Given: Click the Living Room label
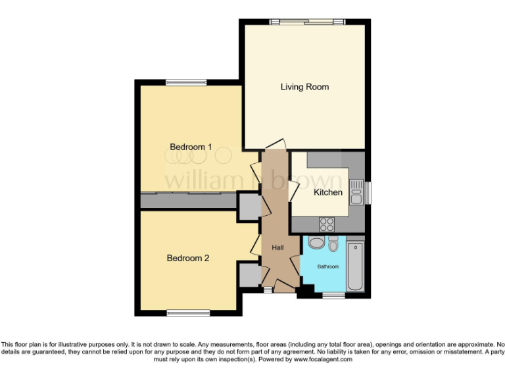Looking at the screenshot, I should coord(304,87).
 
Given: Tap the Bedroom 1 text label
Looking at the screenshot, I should coord(191,147).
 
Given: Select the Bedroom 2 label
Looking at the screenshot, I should coord(187,258).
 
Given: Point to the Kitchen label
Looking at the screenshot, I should coord(327,192).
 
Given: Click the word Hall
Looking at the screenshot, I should coord(277,247).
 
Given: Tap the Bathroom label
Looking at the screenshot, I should coord(328,266).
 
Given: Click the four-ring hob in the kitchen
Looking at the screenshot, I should coord(326,224).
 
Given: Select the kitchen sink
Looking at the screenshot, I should coord(356,192).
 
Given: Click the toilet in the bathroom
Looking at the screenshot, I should coord(333,244).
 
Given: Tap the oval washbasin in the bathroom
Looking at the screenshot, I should coord(316,243).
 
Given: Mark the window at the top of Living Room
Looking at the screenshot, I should coord(312,22).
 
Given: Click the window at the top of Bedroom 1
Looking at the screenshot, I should coord(186,83).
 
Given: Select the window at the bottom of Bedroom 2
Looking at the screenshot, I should coord(187,312).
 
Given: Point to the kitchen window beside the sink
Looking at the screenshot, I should coord(367,192).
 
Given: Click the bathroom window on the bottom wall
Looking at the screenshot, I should coord(333,294).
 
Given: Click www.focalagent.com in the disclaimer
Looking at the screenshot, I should coord(323,359).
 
